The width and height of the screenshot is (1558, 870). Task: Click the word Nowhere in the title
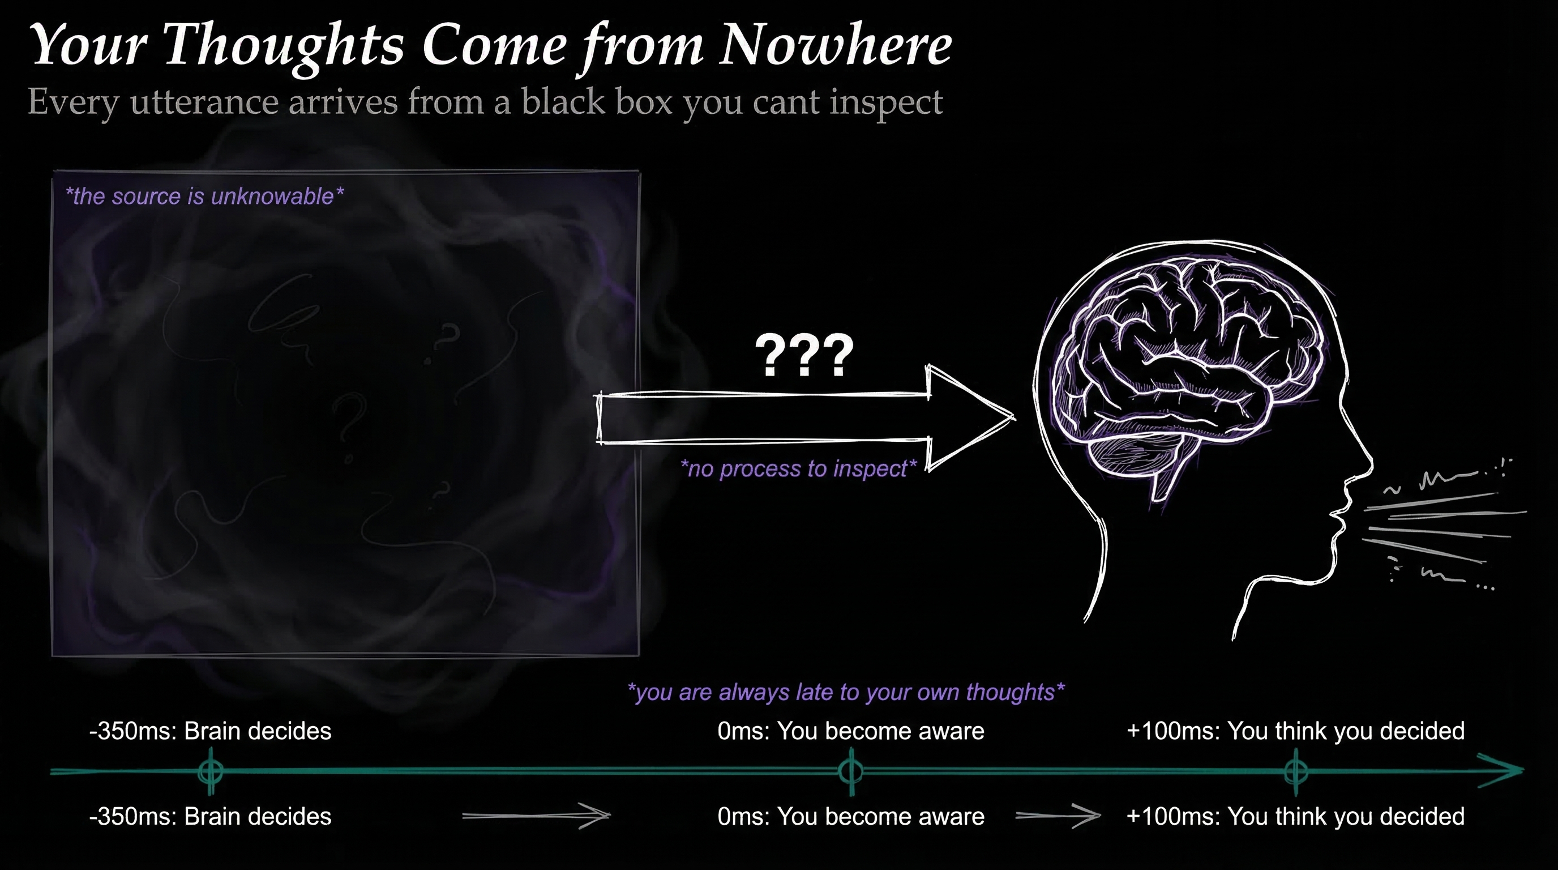click(836, 45)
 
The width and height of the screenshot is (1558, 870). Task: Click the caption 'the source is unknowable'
click(204, 196)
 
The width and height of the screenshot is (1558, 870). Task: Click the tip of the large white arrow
click(1015, 417)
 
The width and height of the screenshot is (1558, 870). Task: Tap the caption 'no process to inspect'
click(798, 468)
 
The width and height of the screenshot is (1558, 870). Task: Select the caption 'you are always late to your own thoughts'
click(846, 692)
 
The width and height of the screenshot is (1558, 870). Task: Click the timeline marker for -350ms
click(211, 771)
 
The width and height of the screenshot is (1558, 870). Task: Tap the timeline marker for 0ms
click(851, 771)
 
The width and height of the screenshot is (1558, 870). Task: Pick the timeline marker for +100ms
click(1295, 771)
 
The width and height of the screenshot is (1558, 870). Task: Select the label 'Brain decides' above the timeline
click(258, 731)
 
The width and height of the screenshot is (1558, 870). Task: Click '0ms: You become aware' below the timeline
click(851, 816)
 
